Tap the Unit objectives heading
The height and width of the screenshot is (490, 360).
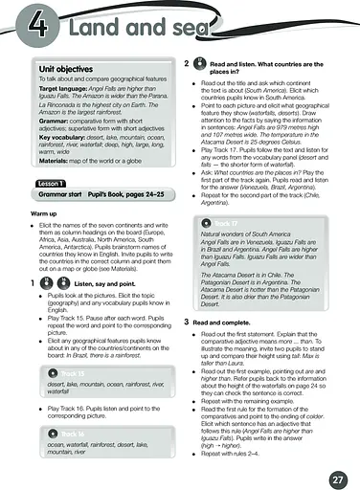coord(66,71)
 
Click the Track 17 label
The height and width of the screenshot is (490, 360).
coord(231,224)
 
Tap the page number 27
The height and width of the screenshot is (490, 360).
coord(336,478)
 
